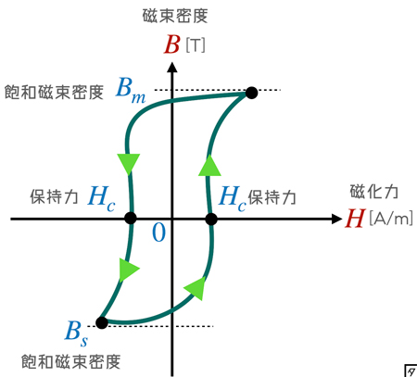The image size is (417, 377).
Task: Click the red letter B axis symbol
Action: [171, 44]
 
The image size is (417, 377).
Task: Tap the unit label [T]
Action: [196, 45]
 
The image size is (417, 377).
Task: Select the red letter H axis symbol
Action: [355, 219]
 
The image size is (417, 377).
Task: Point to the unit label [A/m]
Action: [391, 218]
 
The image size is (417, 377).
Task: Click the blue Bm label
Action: [131, 90]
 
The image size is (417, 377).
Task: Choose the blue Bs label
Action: [76, 333]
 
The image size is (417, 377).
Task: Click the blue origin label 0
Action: [159, 232]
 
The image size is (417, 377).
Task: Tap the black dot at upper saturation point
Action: [251, 93]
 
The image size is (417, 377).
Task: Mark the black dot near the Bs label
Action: [102, 322]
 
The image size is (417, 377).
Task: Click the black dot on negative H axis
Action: [131, 218]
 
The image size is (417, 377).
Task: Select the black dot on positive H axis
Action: [211, 220]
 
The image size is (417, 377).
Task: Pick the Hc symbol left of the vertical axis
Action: [102, 198]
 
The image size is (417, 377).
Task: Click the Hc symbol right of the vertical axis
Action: [233, 198]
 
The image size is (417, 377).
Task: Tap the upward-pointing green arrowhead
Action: [209, 166]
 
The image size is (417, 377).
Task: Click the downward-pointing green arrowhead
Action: [129, 164]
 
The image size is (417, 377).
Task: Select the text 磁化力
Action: [374, 192]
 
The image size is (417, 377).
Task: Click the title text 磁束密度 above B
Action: [175, 16]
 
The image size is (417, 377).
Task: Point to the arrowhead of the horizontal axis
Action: [337, 219]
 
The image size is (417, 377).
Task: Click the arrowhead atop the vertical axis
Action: [172, 68]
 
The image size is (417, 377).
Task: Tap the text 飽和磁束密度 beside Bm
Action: [54, 93]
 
